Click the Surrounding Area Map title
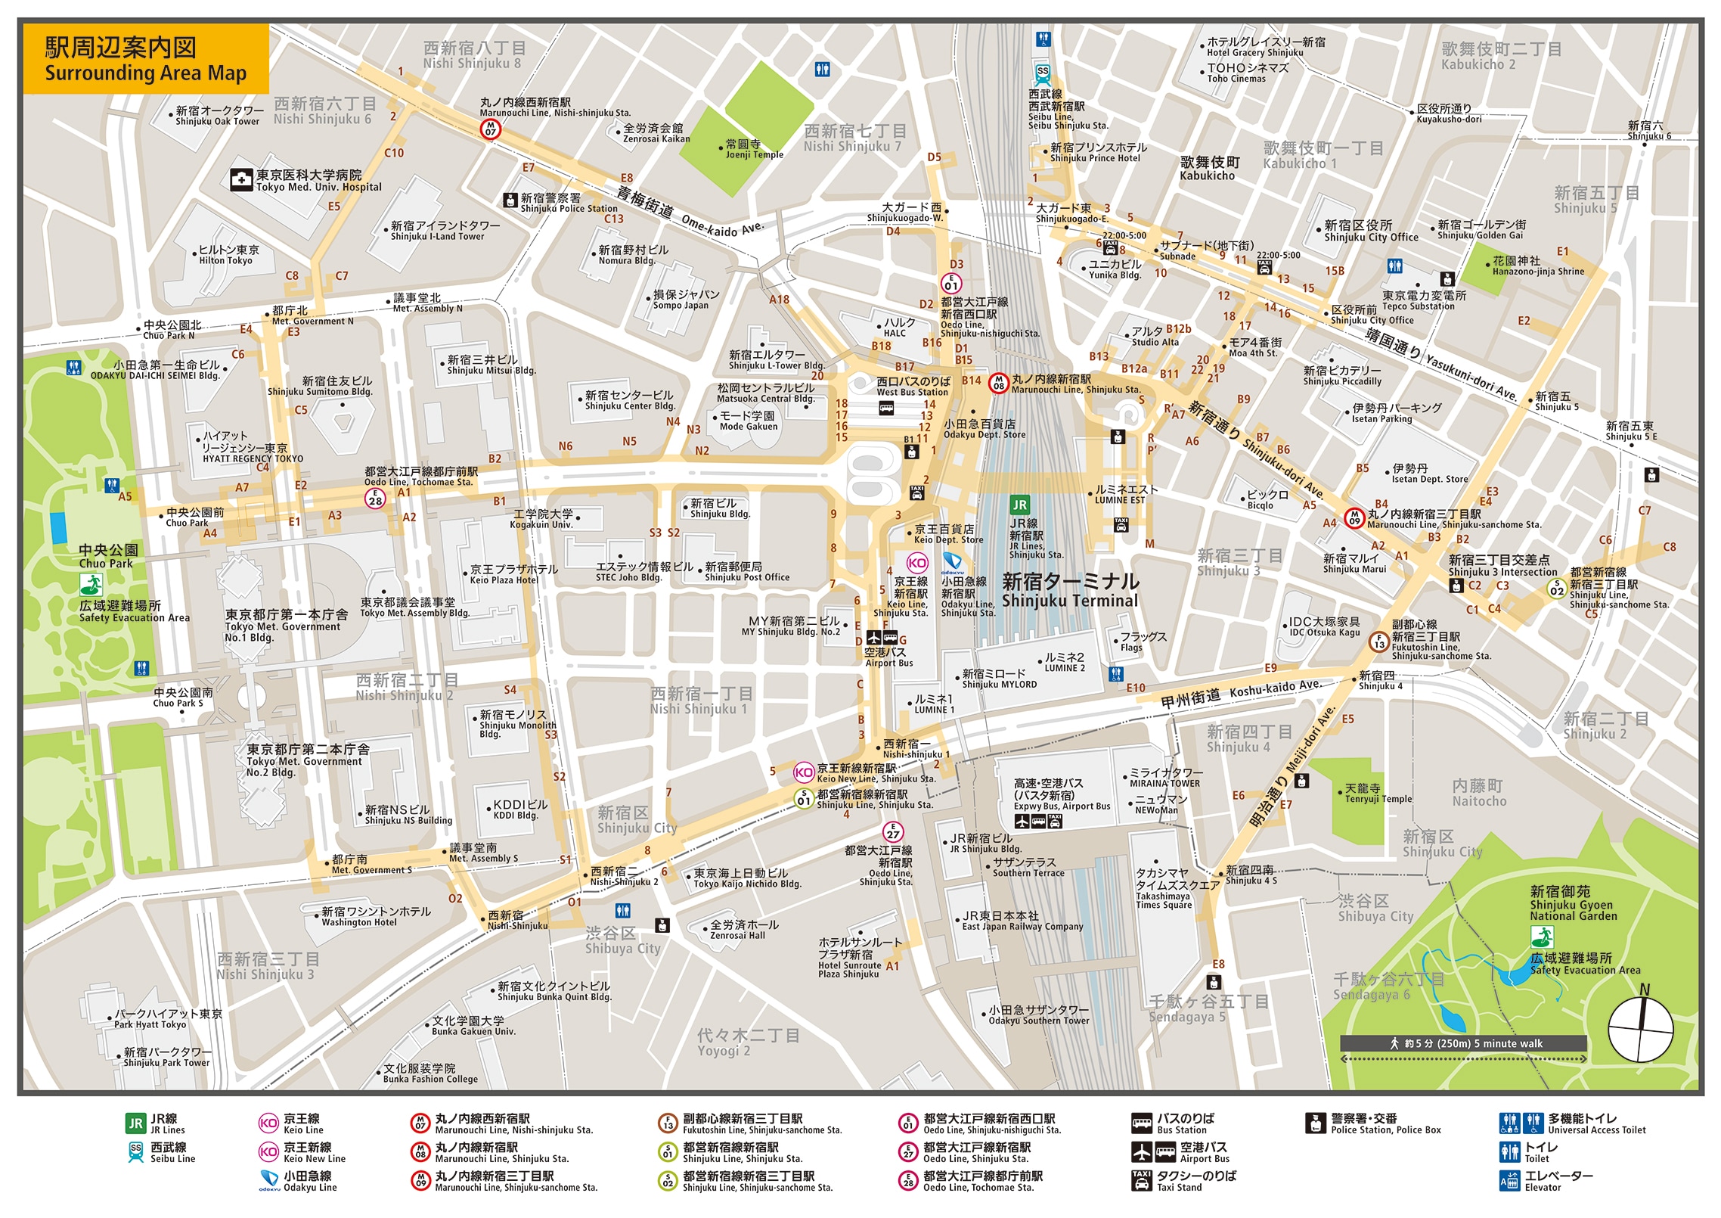coord(145,60)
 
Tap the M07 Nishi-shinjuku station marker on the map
coord(490,130)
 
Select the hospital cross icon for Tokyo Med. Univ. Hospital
coord(241,180)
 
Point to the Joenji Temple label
coord(754,149)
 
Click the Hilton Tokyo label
coord(228,255)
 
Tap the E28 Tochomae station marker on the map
coord(375,498)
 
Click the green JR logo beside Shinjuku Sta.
coord(1019,505)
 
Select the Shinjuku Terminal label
coord(1069,591)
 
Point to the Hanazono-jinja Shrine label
coord(1537,266)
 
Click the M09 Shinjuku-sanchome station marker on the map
coord(1354,517)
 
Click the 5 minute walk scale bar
coord(1463,1043)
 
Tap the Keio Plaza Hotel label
coord(513,574)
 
